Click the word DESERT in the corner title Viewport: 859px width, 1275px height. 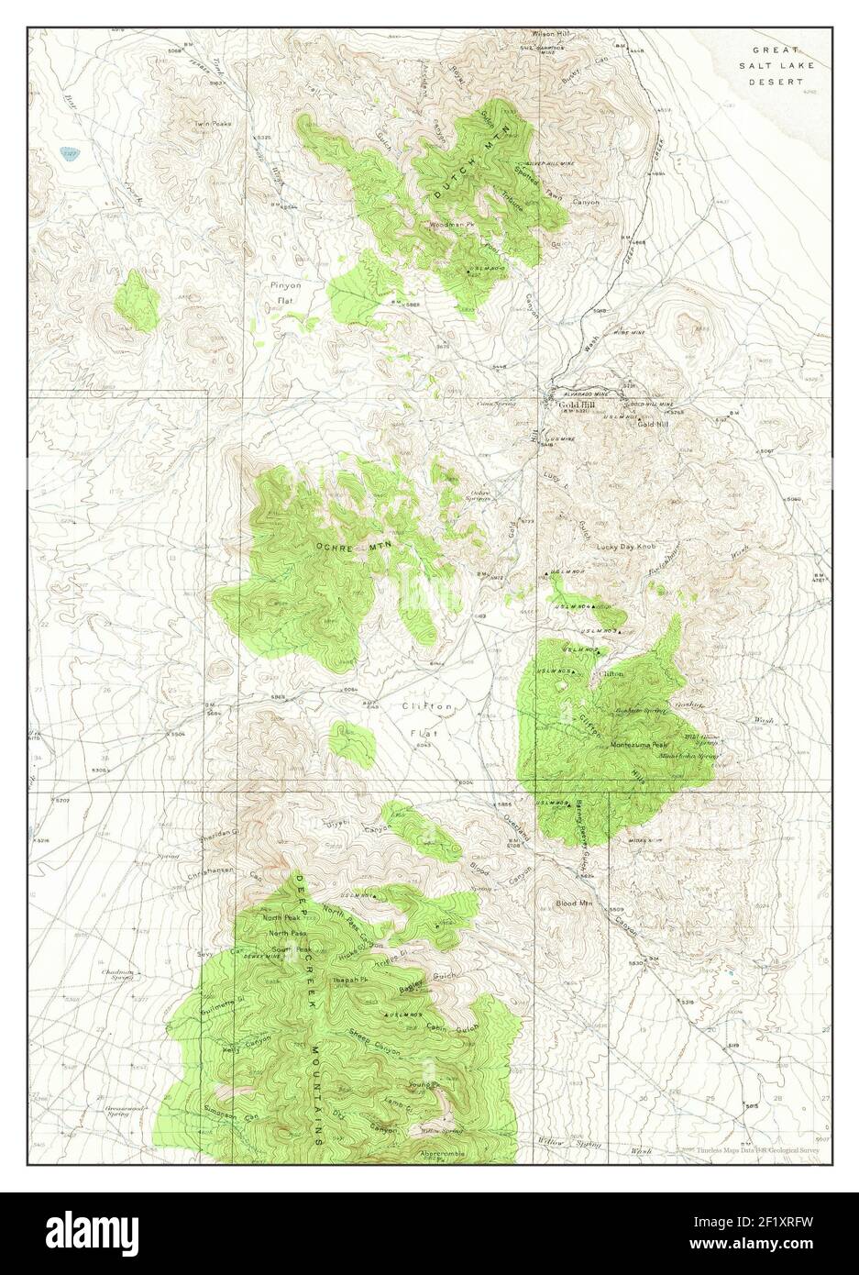click(775, 82)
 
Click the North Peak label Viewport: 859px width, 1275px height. click(280, 918)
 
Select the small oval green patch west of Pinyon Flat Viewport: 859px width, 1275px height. click(138, 300)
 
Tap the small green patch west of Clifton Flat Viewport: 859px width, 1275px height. click(353, 744)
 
